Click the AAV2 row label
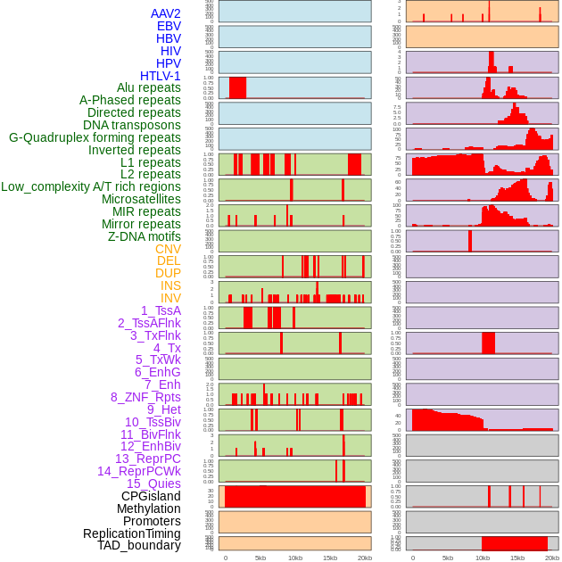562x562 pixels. coord(165,13)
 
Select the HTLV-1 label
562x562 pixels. coord(160,76)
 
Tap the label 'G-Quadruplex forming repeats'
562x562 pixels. coord(95,137)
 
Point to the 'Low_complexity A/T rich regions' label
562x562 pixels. coord(91,186)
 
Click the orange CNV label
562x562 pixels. coord(168,249)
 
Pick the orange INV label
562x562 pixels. coord(170,298)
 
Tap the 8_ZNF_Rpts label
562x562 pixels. coord(145,397)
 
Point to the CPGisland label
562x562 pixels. coord(151,496)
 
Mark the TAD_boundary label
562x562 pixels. coord(138,545)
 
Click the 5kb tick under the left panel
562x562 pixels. coord(260,558)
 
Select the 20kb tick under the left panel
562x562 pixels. coord(364,558)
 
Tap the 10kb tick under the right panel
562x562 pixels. coord(483,558)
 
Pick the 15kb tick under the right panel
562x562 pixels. coord(517,558)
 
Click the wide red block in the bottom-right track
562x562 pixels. coord(514,543)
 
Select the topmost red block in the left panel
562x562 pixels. coord(237,87)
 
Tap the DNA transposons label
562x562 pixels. coord(132,125)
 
